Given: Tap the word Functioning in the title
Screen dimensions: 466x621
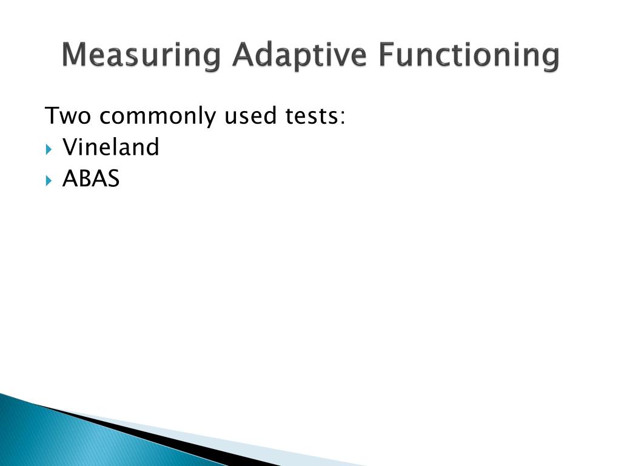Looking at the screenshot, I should click(469, 55).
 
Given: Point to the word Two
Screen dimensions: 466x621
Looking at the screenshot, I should click(68, 115).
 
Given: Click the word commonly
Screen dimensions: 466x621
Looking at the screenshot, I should click(157, 116).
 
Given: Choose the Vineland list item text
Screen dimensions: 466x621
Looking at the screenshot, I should click(111, 147).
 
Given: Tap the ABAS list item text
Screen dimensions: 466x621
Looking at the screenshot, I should click(91, 178).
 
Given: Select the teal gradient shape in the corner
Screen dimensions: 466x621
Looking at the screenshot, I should click(61, 437).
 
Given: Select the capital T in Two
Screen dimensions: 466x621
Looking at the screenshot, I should click(53, 115).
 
